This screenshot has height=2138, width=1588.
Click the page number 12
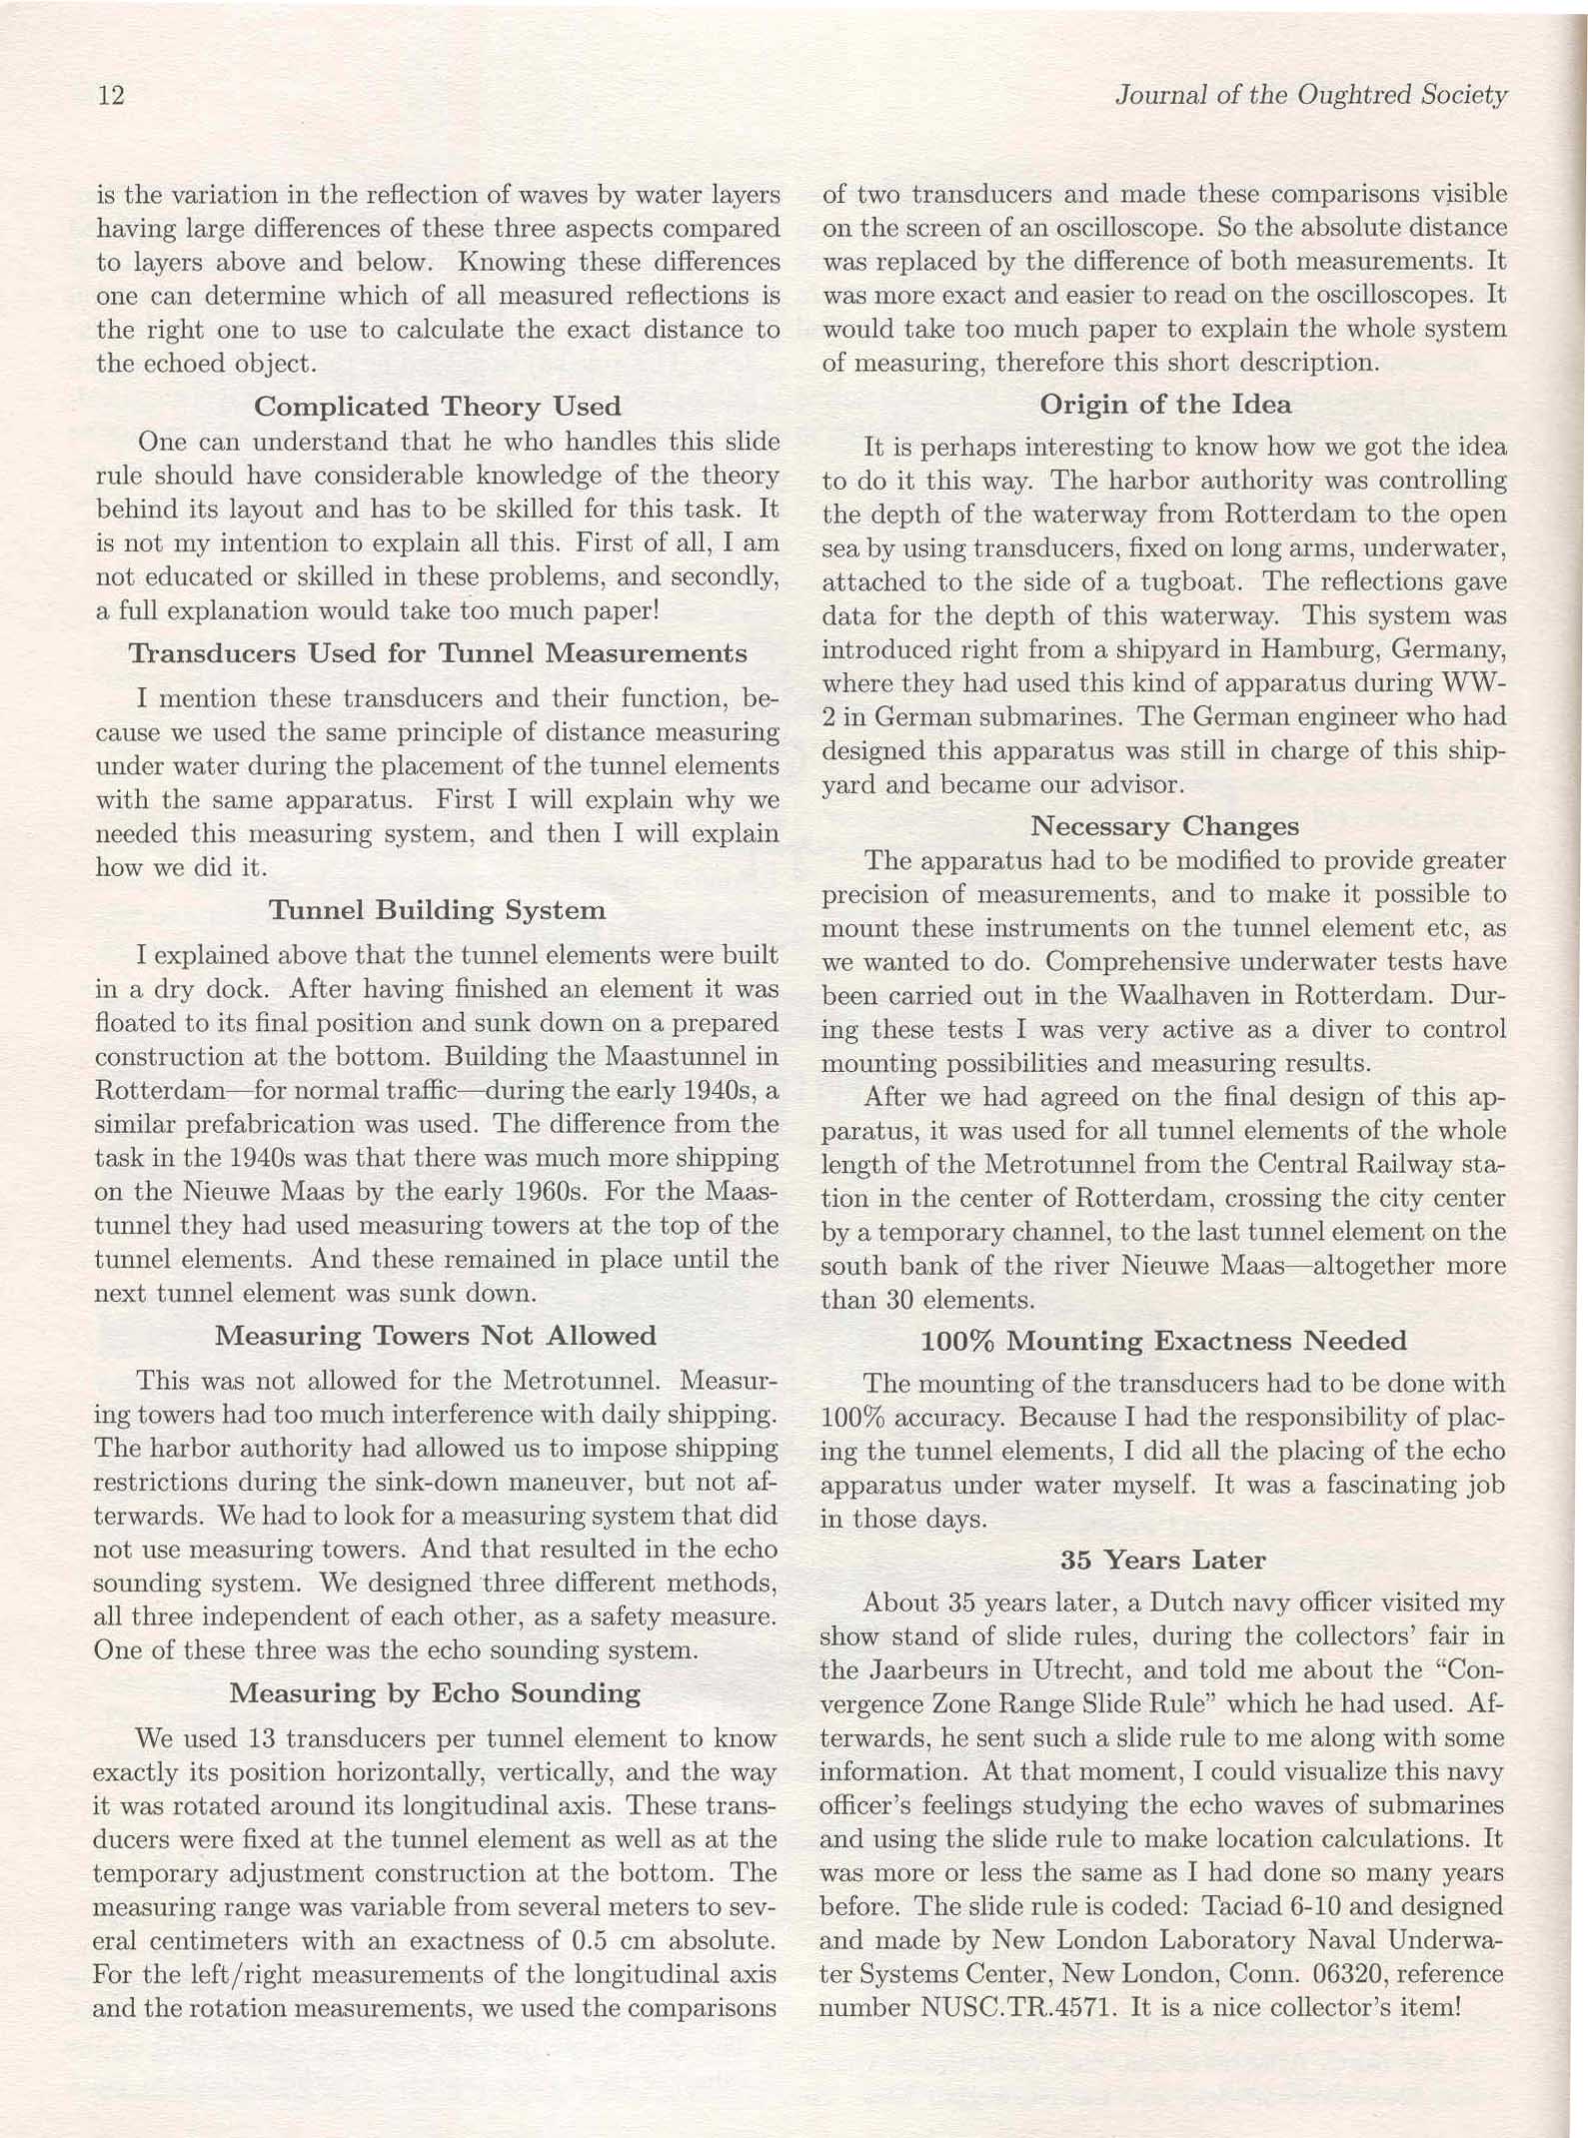tap(111, 96)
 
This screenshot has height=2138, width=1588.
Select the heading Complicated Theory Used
tap(437, 407)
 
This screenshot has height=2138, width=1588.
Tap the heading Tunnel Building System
tap(437, 910)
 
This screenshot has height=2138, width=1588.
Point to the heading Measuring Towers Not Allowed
tap(436, 1336)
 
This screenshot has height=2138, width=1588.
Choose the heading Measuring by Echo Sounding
tap(435, 1692)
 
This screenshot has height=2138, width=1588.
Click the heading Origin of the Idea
tap(1165, 405)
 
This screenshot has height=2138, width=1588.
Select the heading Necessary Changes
tap(1164, 826)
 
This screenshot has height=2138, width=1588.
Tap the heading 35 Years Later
tap(1163, 1560)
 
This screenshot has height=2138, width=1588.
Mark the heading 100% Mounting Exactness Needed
tap(1163, 1341)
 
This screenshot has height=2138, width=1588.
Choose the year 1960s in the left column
tap(545, 1192)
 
